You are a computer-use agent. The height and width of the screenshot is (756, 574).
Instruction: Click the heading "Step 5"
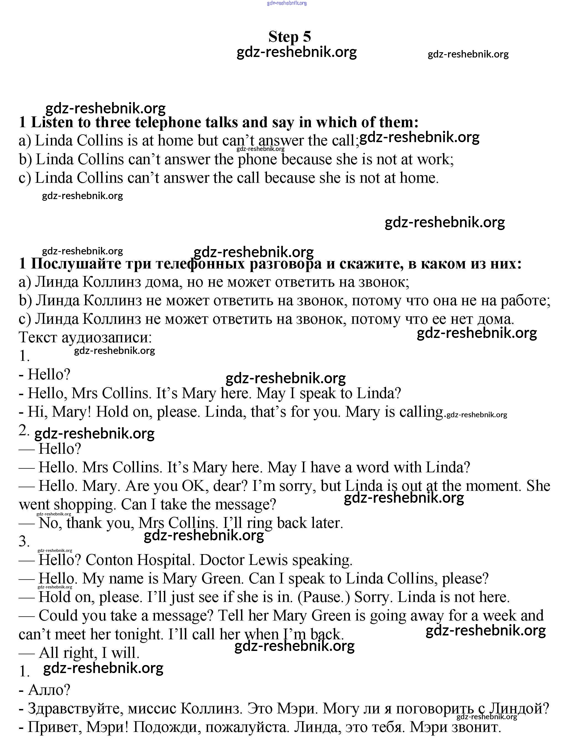click(x=289, y=37)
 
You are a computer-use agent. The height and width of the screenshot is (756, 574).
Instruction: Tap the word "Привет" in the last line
click(x=55, y=727)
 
